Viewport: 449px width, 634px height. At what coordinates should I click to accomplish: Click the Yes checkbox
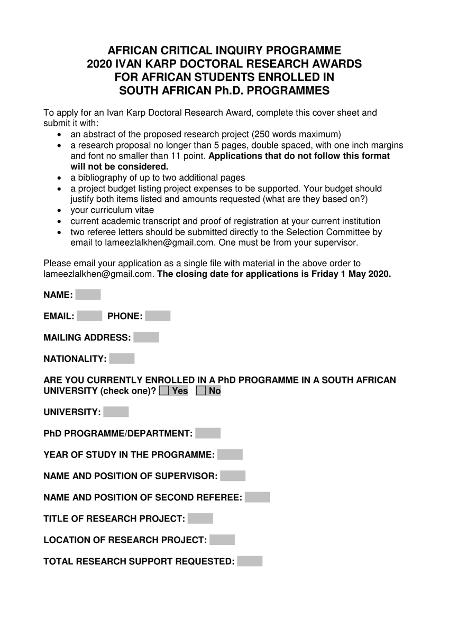click(x=164, y=391)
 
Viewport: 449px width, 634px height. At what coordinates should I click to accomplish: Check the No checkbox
click(x=201, y=391)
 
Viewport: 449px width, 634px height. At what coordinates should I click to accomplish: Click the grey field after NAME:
click(x=88, y=295)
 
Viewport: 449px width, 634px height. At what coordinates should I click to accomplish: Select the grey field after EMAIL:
click(x=89, y=316)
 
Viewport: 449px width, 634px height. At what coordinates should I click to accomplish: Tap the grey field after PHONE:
click(x=158, y=316)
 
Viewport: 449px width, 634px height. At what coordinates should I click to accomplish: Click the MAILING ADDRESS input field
click(x=146, y=338)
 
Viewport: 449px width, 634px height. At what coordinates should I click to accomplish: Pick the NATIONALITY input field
click(x=122, y=359)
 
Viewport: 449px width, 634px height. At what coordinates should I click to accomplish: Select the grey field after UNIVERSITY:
click(x=116, y=412)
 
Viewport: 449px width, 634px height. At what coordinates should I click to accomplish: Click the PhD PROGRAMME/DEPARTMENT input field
click(x=208, y=433)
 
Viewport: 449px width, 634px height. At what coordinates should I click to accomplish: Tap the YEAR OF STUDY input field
click(x=230, y=455)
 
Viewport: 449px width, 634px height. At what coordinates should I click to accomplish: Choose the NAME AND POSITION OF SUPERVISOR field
click(x=233, y=476)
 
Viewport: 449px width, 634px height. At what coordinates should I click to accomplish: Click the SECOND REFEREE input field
click(x=258, y=497)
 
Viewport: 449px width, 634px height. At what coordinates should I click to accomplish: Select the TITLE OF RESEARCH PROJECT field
click(x=200, y=519)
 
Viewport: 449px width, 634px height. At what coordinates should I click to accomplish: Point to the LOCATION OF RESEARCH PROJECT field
click(x=222, y=540)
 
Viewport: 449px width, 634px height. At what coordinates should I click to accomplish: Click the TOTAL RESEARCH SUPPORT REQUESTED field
click(x=250, y=561)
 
